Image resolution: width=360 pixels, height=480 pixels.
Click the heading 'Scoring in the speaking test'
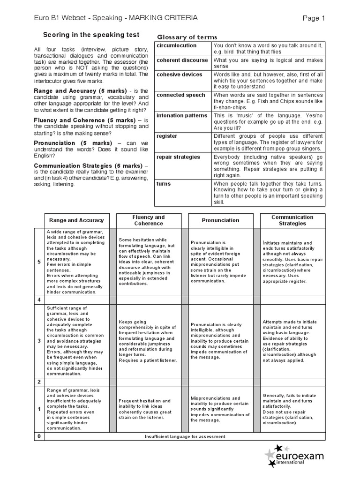91,35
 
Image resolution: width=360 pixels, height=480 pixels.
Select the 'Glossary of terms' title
187,37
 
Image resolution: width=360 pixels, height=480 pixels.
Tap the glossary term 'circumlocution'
177,45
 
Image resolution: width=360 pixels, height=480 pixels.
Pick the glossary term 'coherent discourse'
182,60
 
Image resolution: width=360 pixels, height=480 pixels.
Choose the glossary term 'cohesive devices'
180,74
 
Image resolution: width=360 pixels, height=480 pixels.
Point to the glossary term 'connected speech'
181,95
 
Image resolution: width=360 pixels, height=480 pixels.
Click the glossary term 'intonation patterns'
182,115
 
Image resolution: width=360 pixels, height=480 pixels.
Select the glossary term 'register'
167,136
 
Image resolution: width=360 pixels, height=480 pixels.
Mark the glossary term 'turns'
164,184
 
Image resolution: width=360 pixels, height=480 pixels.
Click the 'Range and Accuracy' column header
76,220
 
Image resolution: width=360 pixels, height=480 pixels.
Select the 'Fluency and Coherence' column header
149,220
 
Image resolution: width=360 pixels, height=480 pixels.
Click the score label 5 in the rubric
39,262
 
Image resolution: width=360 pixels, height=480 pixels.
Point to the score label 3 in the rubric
39,340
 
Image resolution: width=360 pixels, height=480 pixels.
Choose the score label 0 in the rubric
39,437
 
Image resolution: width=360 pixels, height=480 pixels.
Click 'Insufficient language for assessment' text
185,437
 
